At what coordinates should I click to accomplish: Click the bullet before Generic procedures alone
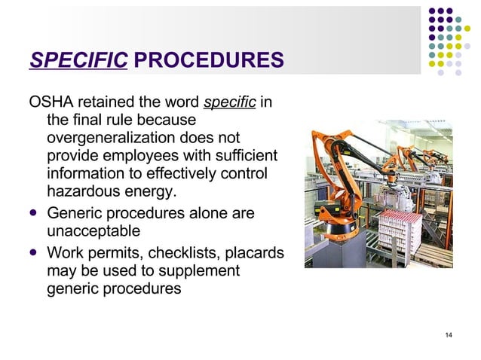point(33,214)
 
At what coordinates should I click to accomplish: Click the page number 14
point(449,335)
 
